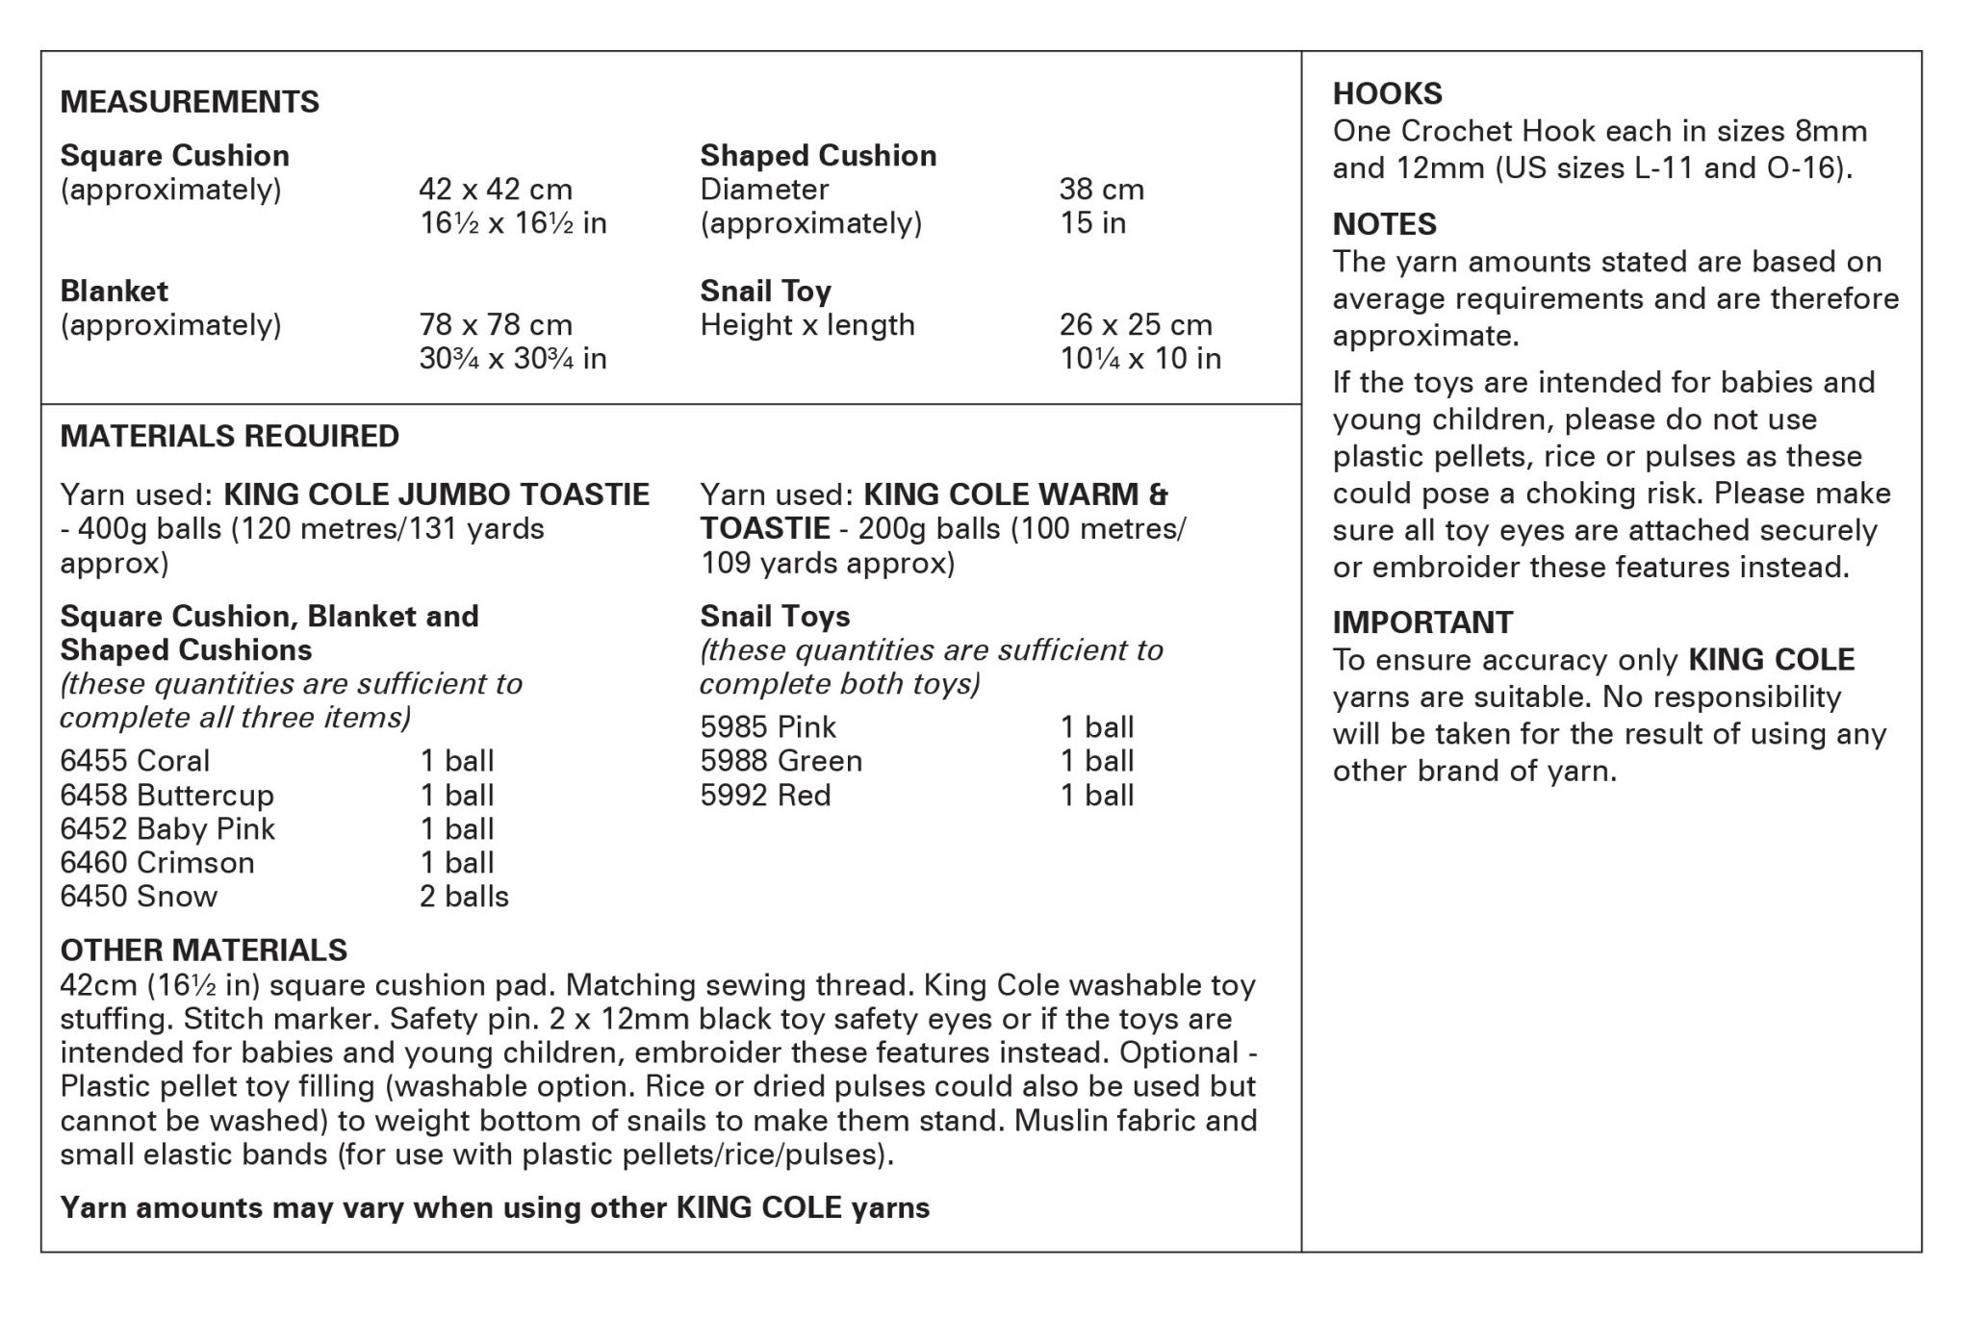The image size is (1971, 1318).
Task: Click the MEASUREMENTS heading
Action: [x=190, y=102]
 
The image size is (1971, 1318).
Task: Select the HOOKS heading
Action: [x=1387, y=94]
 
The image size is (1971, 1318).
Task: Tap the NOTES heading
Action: [x=1384, y=224]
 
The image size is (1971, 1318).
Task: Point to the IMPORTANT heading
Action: [x=1422, y=622]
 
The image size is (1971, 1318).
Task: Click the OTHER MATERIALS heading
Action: [x=203, y=950]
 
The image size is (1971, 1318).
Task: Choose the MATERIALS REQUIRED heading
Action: [x=229, y=436]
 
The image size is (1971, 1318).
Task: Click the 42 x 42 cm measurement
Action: [x=496, y=190]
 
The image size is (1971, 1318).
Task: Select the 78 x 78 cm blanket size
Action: [x=496, y=325]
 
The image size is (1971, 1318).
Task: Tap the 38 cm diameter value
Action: [x=1101, y=190]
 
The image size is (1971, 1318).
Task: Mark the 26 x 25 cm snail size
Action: [x=1136, y=325]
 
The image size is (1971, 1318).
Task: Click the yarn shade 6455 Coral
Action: [x=135, y=761]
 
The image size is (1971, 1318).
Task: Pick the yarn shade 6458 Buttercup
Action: [x=166, y=796]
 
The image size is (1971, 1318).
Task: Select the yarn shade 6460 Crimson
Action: [x=157, y=863]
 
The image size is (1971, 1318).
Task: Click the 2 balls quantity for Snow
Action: [x=464, y=897]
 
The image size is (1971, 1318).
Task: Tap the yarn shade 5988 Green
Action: [x=781, y=761]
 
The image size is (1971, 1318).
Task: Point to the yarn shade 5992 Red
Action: [x=765, y=796]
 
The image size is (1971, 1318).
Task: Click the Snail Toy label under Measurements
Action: [x=765, y=291]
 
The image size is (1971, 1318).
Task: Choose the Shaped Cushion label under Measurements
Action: [x=818, y=156]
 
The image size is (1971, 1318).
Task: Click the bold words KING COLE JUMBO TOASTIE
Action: [x=436, y=494]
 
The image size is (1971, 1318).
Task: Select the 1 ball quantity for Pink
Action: [x=1097, y=727]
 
